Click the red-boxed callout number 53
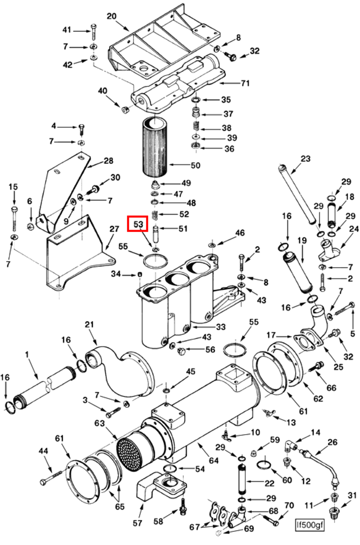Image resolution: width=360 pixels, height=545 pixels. click(138, 224)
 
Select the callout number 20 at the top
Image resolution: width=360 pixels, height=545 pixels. click(112, 16)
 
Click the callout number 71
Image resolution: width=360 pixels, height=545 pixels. click(245, 83)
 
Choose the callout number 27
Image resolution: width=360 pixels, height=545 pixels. click(115, 230)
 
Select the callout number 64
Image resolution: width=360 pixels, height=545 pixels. click(214, 461)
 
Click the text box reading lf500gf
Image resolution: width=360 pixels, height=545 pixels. click(310, 525)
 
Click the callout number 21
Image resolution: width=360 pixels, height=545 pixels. click(90, 325)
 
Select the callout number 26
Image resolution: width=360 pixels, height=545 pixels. click(333, 442)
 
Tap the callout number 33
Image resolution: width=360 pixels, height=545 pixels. click(221, 327)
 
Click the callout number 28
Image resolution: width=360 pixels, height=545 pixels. click(108, 161)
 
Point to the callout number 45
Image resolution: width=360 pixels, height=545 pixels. click(190, 372)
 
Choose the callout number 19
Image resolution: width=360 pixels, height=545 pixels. click(302, 240)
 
